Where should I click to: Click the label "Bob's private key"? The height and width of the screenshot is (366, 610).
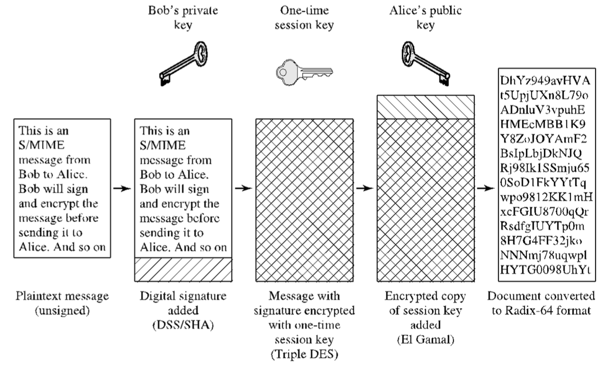pyautogui.click(x=182, y=18)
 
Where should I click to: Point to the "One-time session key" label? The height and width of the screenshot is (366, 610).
pyautogui.click(x=304, y=18)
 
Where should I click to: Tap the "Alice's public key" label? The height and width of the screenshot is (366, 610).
pyautogui.click(x=425, y=18)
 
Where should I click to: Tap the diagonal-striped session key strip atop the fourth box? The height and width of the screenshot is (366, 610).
pyautogui.click(x=425, y=106)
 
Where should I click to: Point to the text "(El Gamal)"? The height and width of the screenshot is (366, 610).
pyautogui.click(x=425, y=339)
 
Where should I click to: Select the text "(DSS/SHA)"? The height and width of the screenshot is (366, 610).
pyautogui.click(x=182, y=324)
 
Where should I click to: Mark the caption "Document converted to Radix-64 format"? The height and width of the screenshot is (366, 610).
pyautogui.click(x=541, y=303)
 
